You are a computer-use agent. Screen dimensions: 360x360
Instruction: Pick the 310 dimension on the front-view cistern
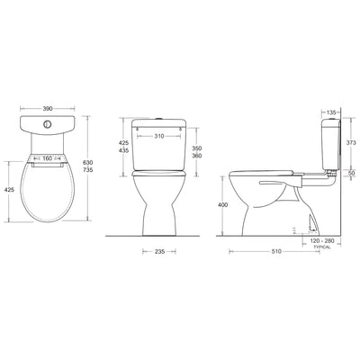pos(157,138)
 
